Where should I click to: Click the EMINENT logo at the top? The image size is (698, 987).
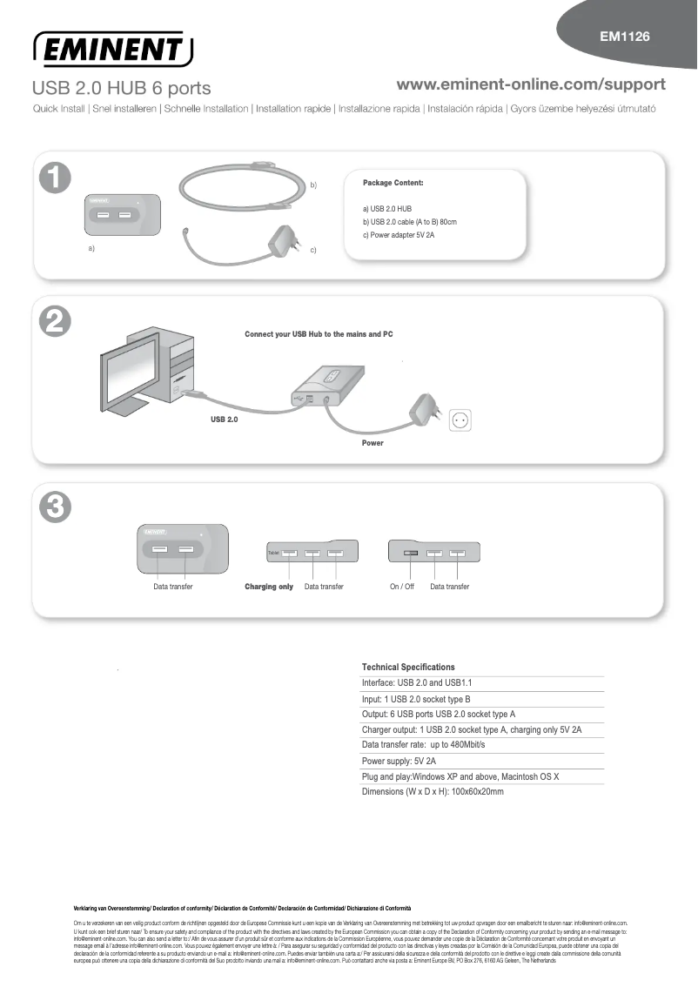pos(113,49)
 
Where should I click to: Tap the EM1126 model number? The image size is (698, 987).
pos(625,37)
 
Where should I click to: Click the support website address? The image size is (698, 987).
pos(531,84)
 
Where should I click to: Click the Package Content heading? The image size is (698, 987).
pos(393,183)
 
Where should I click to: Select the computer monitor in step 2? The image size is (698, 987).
pos(131,366)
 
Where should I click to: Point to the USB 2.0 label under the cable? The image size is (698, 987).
pos(225,419)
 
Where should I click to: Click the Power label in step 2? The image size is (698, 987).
pos(372,443)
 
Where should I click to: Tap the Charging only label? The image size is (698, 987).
pos(269,587)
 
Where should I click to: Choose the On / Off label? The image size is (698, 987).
pos(402,587)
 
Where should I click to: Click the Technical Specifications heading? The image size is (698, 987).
pos(408,667)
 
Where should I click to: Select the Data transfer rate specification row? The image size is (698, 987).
pos(423,745)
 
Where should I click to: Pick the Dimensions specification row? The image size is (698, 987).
pos(433,792)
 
